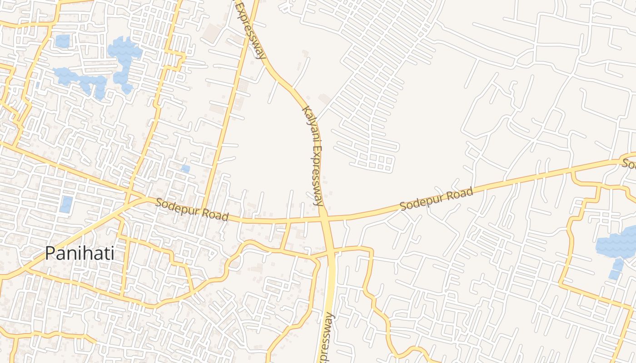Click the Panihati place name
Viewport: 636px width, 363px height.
[x=79, y=253]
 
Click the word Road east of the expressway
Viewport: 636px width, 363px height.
[x=460, y=193]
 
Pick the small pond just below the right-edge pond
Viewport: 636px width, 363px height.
[x=616, y=269]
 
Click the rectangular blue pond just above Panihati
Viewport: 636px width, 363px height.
[x=66, y=204]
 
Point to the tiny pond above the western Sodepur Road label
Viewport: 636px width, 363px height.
[x=185, y=169]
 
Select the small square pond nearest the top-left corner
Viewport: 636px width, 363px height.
[x=63, y=41]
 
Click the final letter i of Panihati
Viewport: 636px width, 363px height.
[x=112, y=253]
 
